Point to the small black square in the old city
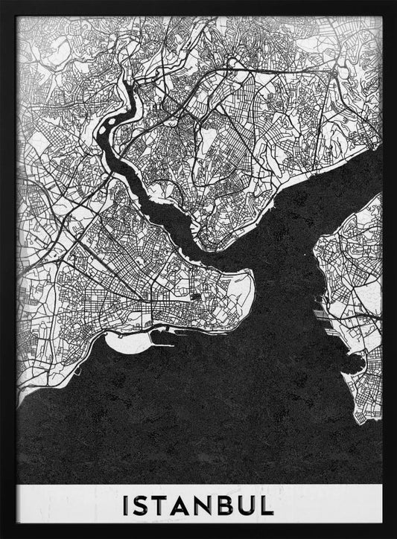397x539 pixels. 195,299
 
